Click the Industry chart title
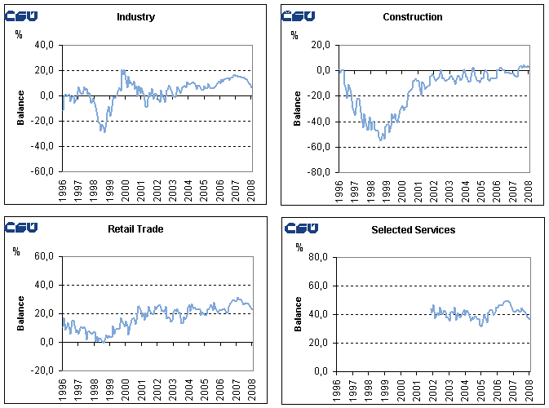(135, 17)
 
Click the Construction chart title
(412, 17)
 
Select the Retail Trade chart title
(135, 229)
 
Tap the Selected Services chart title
(413, 230)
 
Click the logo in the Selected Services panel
(301, 228)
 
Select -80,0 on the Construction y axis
(317, 172)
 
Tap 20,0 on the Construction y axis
(319, 45)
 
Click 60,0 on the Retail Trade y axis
(43, 257)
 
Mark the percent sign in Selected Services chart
(299, 247)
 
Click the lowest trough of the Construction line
(381, 140)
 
